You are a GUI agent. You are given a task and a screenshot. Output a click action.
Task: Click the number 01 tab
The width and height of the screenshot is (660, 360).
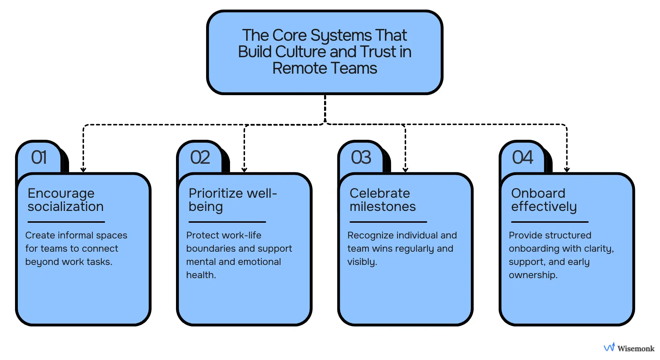click(39, 158)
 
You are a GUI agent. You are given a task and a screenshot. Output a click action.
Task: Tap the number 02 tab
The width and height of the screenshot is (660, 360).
click(200, 158)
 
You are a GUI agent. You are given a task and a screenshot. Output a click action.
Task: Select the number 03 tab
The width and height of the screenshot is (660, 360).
click(361, 158)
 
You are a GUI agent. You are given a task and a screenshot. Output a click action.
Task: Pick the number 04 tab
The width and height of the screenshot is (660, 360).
click(522, 158)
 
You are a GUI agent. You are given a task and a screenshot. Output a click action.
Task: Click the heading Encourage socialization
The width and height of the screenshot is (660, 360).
click(65, 200)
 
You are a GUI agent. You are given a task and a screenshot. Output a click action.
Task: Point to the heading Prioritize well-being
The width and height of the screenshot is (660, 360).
click(233, 200)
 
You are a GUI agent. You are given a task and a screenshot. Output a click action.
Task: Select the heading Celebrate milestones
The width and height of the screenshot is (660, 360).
click(382, 200)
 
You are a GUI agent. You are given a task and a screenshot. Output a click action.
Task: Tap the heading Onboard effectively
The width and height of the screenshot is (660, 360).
click(543, 200)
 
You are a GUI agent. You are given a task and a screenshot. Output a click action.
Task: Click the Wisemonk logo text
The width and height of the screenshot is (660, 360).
click(635, 348)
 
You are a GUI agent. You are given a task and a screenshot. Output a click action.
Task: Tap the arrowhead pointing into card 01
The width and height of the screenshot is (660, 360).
click(83, 169)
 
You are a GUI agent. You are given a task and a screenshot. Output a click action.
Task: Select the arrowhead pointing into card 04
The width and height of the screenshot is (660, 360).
click(567, 169)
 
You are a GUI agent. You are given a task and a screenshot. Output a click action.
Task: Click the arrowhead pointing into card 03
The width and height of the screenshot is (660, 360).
click(405, 169)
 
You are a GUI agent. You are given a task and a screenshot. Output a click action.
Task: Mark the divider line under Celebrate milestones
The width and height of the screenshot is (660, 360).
click(388, 222)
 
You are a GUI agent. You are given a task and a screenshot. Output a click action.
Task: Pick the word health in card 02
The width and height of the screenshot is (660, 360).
click(200, 275)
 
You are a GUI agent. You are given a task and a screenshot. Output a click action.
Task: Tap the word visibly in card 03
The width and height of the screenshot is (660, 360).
click(362, 262)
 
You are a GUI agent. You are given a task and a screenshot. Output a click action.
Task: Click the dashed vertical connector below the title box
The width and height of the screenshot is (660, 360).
click(325, 109)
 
